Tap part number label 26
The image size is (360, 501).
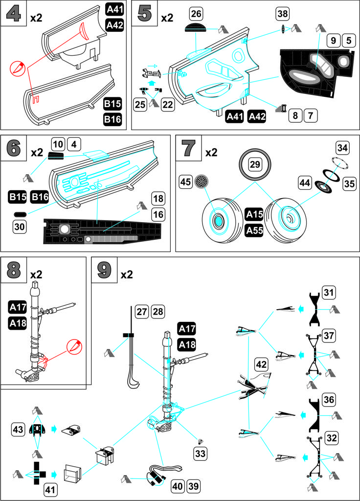(196, 13)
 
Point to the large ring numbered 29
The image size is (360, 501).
(254, 165)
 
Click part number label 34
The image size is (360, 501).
(342, 147)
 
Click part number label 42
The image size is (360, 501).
(262, 364)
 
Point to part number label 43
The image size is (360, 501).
(18, 429)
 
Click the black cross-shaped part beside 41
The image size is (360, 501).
(39, 473)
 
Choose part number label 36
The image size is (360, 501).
(329, 400)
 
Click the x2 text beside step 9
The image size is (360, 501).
(127, 274)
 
